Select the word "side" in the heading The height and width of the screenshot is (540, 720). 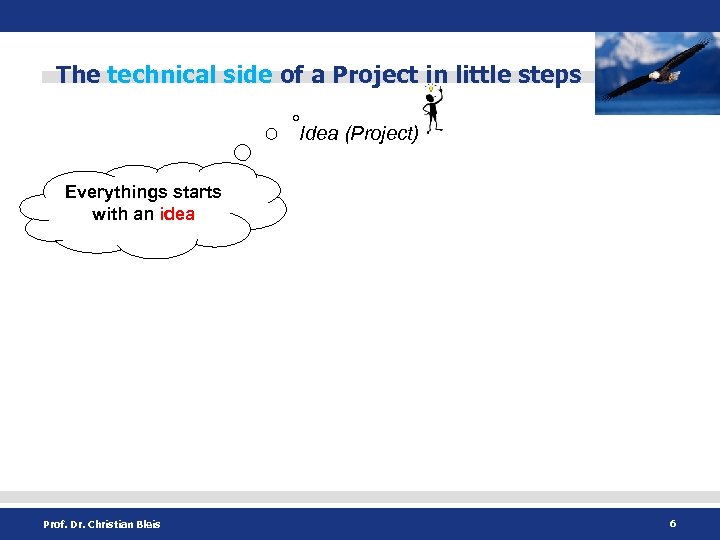[x=248, y=75]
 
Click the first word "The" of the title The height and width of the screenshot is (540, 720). [x=78, y=75]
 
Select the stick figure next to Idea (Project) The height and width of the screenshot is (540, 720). [x=433, y=112]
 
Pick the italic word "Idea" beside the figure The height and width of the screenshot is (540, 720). [x=319, y=134]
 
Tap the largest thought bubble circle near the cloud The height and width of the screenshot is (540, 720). [x=243, y=152]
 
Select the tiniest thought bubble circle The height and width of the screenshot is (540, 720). [x=296, y=119]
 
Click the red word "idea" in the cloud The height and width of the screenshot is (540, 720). [x=177, y=214]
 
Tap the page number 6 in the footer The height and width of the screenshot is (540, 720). [x=673, y=523]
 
